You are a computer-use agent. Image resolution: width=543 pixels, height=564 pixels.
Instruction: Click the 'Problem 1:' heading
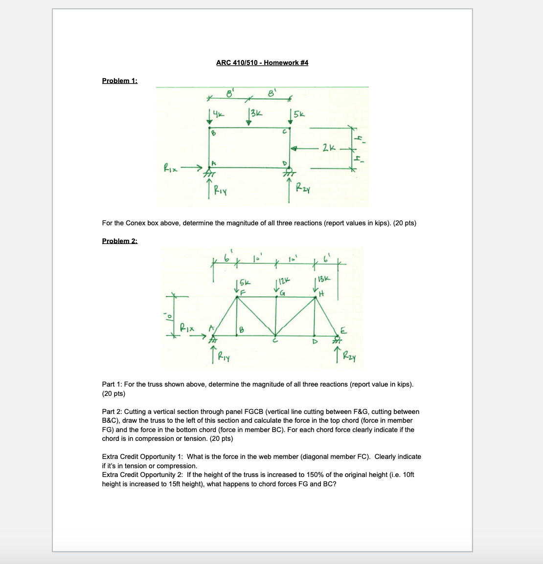119,81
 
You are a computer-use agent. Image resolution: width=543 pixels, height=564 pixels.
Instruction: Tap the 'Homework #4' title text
286,63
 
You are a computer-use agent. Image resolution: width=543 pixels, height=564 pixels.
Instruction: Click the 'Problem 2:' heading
119,241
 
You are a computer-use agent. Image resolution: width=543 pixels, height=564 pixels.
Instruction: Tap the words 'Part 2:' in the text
112,412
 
